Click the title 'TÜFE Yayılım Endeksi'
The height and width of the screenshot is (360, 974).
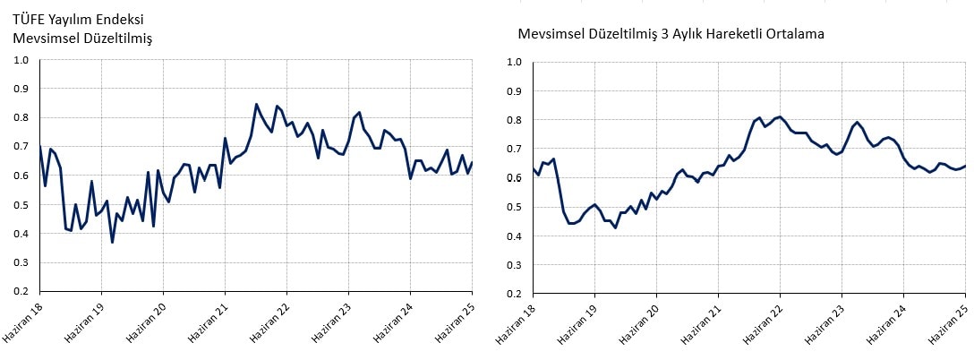pyautogui.click(x=80, y=18)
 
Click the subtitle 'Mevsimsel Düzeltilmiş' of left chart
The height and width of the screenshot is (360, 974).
pyautogui.click(x=82, y=38)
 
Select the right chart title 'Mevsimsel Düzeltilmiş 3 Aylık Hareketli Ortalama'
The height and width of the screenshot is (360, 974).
pyautogui.click(x=671, y=34)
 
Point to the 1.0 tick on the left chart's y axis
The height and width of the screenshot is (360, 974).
pyautogui.click(x=21, y=60)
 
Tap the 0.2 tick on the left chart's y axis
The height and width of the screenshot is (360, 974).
pyautogui.click(x=21, y=292)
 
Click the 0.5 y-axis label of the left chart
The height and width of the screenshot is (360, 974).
pyautogui.click(x=21, y=205)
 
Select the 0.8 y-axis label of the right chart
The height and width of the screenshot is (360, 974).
pyautogui.click(x=514, y=120)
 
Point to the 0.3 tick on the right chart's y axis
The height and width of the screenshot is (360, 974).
pyautogui.click(x=514, y=265)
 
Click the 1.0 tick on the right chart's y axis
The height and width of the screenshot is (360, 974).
pyautogui.click(x=514, y=62)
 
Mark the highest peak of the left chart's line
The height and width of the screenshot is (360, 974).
pyautogui.click(x=256, y=104)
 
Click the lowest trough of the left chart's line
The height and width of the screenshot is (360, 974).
pyautogui.click(x=112, y=242)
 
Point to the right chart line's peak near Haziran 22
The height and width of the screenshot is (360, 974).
pyautogui.click(x=780, y=116)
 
